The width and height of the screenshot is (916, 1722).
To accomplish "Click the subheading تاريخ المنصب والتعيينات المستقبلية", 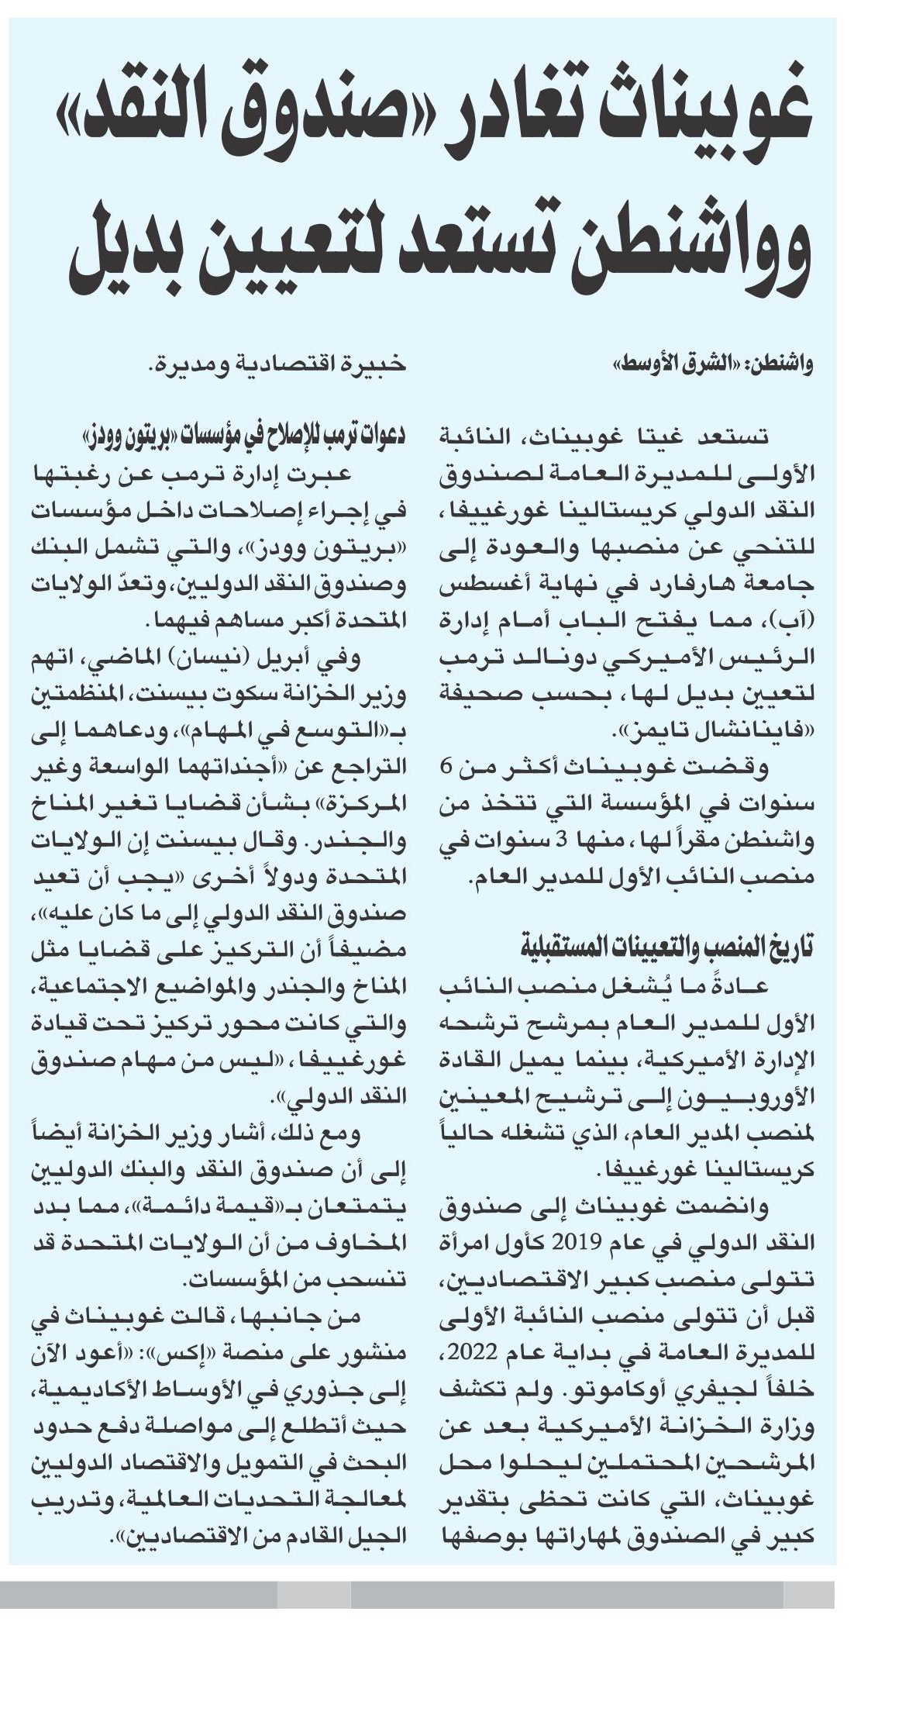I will coord(666,947).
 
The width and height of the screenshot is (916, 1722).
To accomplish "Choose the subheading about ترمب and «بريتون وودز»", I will coord(245,436).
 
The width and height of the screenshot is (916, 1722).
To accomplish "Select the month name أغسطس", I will coord(473,585).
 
